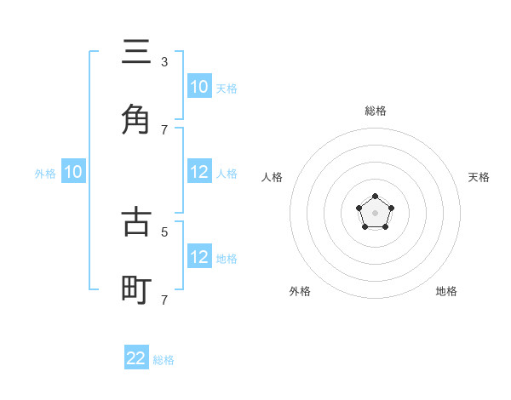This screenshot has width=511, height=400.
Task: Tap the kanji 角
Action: click(136, 120)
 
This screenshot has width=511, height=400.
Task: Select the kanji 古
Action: click(136, 222)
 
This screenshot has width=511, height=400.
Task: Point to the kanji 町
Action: click(136, 290)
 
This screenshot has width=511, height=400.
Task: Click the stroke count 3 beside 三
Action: click(164, 62)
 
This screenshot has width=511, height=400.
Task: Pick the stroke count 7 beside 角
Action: click(164, 129)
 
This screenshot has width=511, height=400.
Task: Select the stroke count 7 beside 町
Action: click(164, 300)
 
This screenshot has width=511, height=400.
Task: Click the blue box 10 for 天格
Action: click(199, 87)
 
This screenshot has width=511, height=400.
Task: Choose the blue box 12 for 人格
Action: click(199, 172)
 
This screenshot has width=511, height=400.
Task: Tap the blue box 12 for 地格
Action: click(199, 257)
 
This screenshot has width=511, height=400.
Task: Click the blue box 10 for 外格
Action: click(73, 172)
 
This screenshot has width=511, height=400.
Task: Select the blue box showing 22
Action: click(136, 358)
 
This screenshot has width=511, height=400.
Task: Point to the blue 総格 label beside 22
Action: click(164, 360)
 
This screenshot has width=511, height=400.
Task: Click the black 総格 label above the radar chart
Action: click(375, 111)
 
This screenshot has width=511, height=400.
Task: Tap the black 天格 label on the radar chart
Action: click(479, 177)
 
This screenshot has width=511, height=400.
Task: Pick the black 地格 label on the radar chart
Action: click(446, 291)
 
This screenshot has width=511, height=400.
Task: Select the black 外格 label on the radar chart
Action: click(300, 291)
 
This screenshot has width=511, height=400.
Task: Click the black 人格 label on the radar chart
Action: click(272, 177)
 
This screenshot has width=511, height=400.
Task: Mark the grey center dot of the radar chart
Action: click(375, 213)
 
